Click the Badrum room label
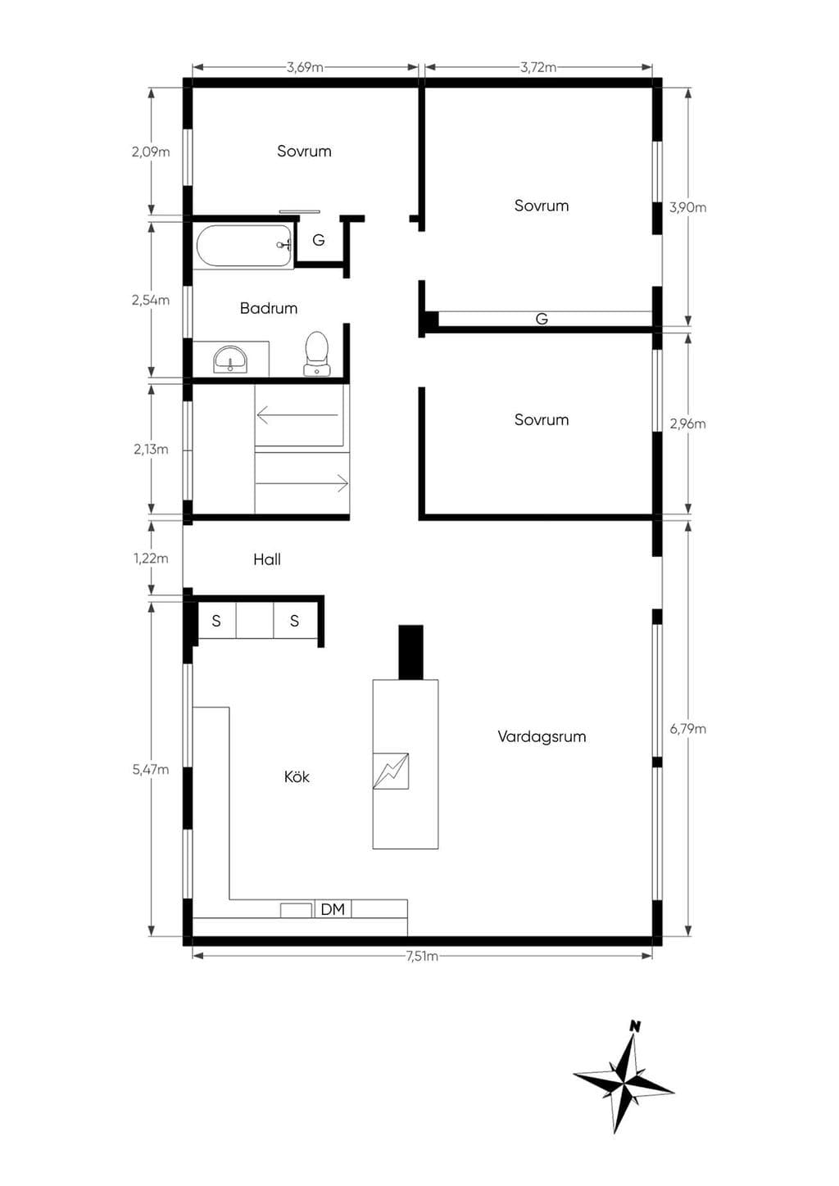point(269,308)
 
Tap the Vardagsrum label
point(542,736)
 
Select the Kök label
point(297,776)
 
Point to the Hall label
point(267,559)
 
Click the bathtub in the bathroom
point(244,247)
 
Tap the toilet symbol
point(317,354)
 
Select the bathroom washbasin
point(230,360)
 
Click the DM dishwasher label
point(333,909)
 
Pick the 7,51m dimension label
point(422,956)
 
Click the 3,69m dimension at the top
point(305,67)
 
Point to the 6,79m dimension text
point(688,729)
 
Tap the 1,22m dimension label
point(151,558)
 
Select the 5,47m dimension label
point(151,769)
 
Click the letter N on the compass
point(635,1026)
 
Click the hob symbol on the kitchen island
point(391,771)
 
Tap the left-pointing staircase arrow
point(297,415)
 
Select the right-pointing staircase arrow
point(302,483)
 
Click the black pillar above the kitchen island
point(410,652)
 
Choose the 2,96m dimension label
point(687,424)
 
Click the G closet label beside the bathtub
point(319,240)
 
